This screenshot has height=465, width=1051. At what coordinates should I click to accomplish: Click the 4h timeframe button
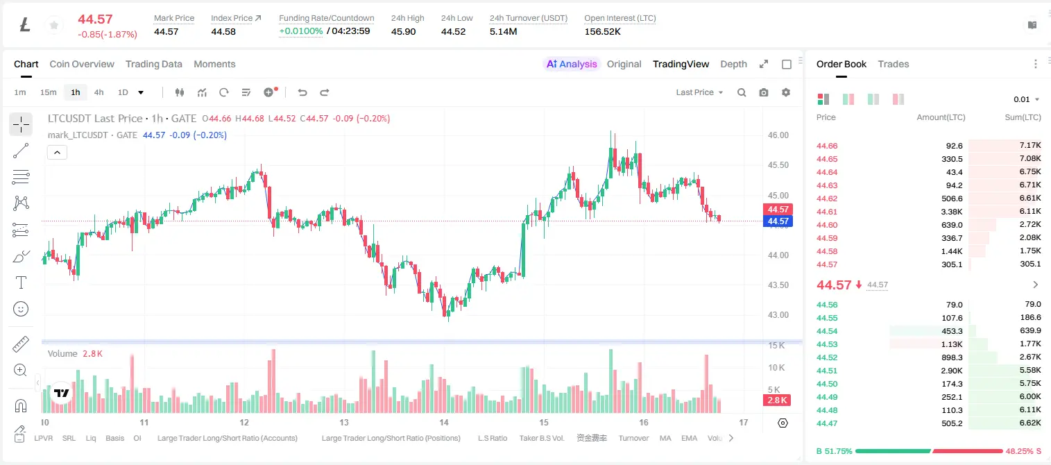99,92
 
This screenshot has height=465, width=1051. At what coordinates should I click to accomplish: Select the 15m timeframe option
48,92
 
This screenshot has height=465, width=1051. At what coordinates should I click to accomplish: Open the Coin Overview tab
82,64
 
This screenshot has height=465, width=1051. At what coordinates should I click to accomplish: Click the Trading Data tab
153,64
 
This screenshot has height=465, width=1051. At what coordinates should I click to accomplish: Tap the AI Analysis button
572,64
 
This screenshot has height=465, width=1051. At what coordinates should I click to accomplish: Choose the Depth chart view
733,64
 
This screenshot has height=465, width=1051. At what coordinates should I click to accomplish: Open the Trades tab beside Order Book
894,64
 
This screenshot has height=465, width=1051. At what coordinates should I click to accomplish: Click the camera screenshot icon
764,92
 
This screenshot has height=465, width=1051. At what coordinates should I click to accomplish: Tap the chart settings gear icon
786,92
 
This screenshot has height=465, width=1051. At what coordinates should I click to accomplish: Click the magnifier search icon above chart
742,92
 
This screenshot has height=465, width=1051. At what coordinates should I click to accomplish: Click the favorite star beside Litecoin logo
54,25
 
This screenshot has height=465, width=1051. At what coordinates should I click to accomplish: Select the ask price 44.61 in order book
827,212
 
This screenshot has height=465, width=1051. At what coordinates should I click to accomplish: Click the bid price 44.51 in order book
827,371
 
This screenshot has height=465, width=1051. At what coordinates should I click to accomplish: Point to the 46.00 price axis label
778,135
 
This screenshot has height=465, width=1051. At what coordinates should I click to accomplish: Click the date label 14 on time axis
444,422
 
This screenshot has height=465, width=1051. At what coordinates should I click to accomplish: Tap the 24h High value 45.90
404,31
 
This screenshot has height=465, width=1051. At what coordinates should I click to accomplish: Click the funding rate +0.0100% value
301,31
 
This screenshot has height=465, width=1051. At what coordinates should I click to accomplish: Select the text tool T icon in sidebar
21,282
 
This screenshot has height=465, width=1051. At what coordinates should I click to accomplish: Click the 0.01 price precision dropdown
1027,99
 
